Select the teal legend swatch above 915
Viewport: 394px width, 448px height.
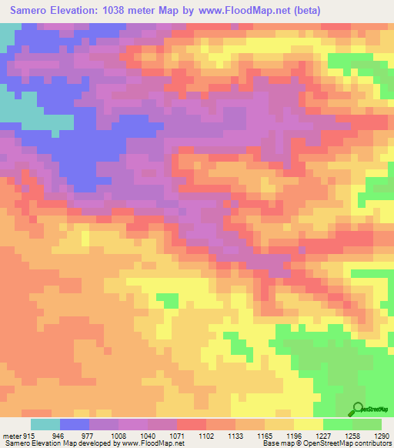(45, 424)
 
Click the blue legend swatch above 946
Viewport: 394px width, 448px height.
(75, 424)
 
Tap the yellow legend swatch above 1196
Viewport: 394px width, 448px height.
(309, 424)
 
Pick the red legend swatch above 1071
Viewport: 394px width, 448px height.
(192, 424)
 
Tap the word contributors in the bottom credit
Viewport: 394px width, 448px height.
(372, 443)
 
